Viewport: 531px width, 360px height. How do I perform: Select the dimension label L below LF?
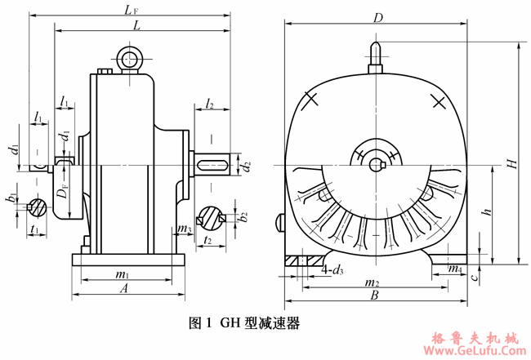pyautogui.click(x=136, y=26)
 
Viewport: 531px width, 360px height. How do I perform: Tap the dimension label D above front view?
pyautogui.click(x=377, y=16)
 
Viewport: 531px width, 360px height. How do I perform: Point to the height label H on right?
pyautogui.click(x=512, y=163)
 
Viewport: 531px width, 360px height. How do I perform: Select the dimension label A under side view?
pyautogui.click(x=125, y=289)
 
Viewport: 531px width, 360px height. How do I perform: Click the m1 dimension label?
pyautogui.click(x=123, y=273)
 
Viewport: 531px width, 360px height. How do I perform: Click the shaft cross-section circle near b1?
pyautogui.click(x=38, y=207)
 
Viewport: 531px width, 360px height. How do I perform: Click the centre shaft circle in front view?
pyautogui.click(x=375, y=164)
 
